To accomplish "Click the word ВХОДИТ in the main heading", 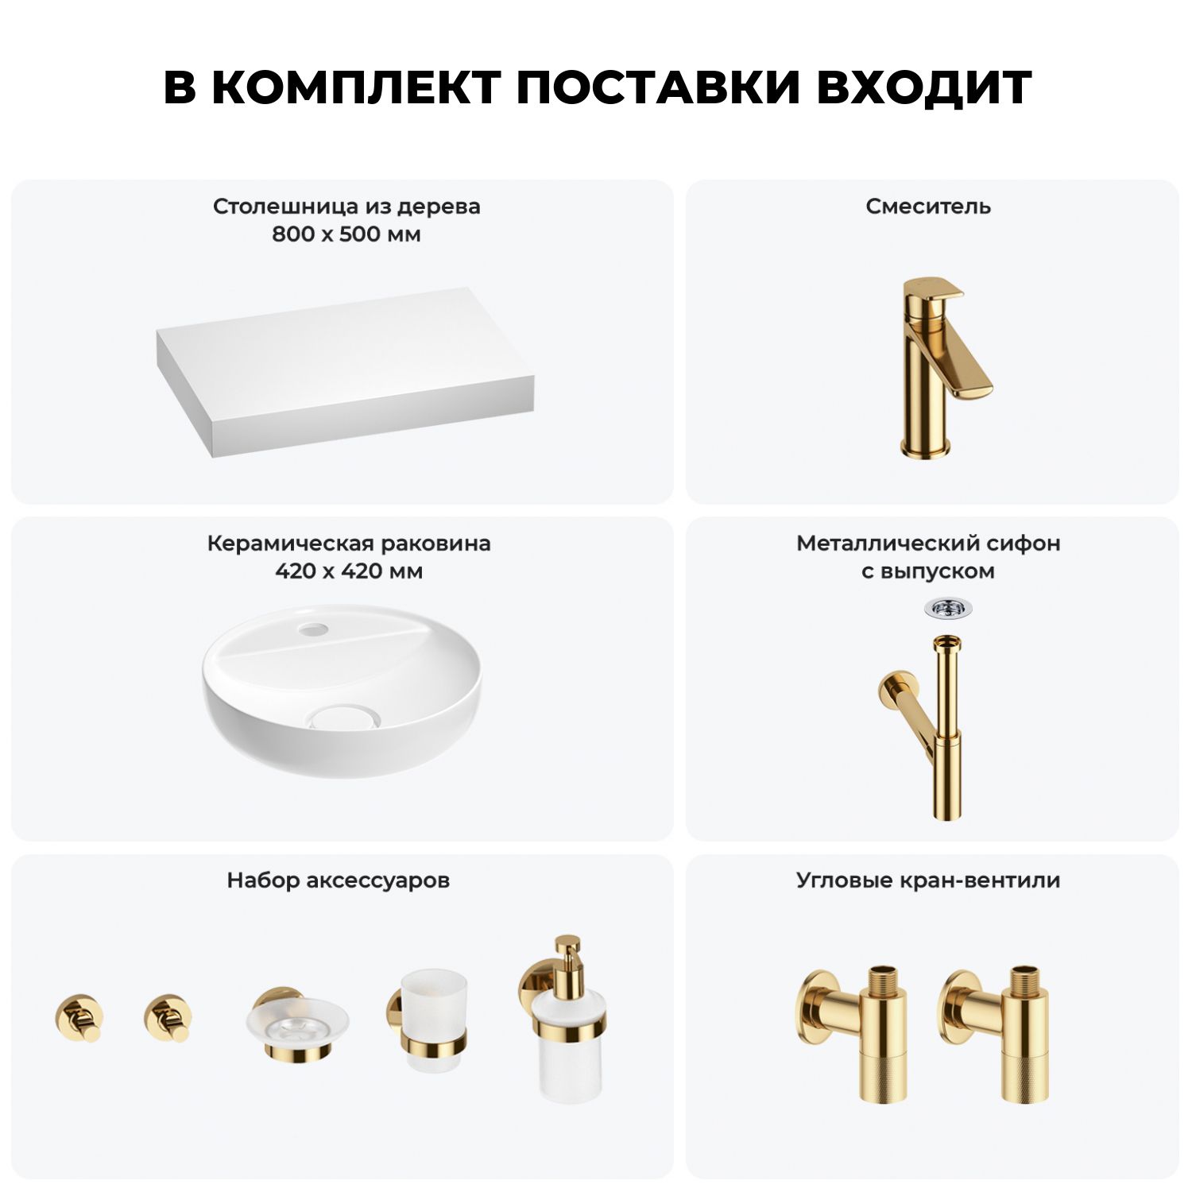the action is (924, 87).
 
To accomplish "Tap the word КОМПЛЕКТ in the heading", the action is (357, 87).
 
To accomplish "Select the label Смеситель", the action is (928, 207).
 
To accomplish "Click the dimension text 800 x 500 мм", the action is (346, 234).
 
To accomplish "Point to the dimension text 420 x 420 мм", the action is (349, 571).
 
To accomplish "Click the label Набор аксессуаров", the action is (339, 880).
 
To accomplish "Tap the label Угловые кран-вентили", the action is (928, 880).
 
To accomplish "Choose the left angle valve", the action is (853, 1033).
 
